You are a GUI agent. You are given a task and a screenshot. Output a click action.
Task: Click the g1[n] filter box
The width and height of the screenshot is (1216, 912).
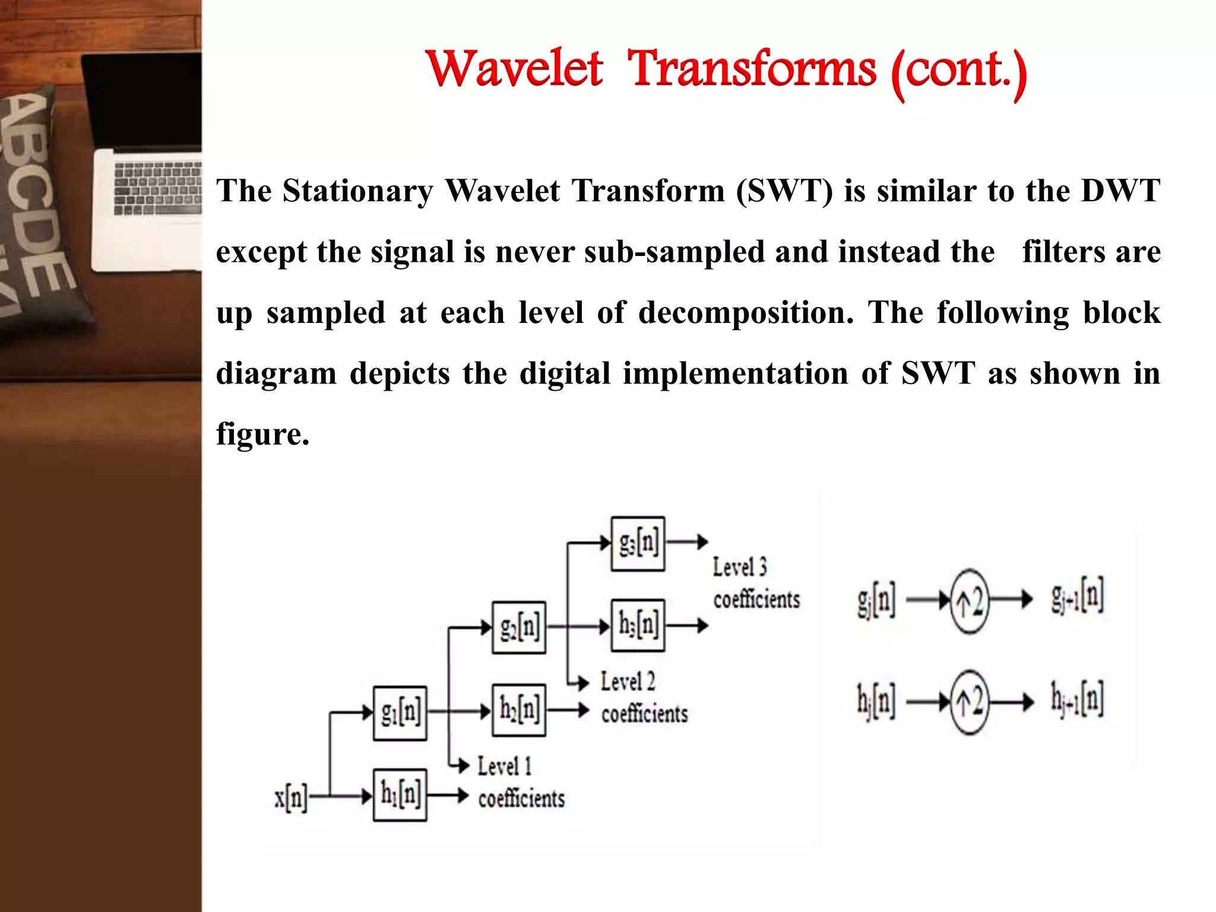click(400, 712)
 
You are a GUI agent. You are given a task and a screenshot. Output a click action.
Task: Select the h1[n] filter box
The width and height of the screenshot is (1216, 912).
click(400, 795)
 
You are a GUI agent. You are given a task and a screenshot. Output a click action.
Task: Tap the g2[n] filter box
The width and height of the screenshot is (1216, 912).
click(519, 627)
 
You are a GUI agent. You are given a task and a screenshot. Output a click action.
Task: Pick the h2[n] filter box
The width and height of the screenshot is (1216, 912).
click(519, 710)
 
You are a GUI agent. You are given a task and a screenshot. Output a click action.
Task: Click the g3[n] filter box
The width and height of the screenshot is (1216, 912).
click(638, 543)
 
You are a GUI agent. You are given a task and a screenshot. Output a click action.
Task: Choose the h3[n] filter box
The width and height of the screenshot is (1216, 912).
click(638, 625)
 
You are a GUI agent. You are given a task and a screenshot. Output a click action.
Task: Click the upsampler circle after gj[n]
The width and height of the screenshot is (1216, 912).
click(970, 601)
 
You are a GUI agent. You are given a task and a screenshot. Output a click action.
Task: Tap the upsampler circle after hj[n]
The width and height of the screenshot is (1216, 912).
click(970, 703)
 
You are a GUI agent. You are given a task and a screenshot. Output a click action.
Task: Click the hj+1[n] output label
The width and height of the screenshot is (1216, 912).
click(1077, 699)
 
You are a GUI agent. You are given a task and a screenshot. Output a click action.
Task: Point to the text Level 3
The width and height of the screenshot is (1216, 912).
click(740, 567)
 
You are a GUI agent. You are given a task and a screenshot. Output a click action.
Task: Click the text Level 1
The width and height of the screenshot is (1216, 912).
click(504, 766)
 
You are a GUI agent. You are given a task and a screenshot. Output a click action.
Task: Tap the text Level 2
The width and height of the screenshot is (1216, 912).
click(628, 682)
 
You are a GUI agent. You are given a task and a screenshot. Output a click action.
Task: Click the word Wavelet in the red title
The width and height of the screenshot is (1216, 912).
click(514, 69)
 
